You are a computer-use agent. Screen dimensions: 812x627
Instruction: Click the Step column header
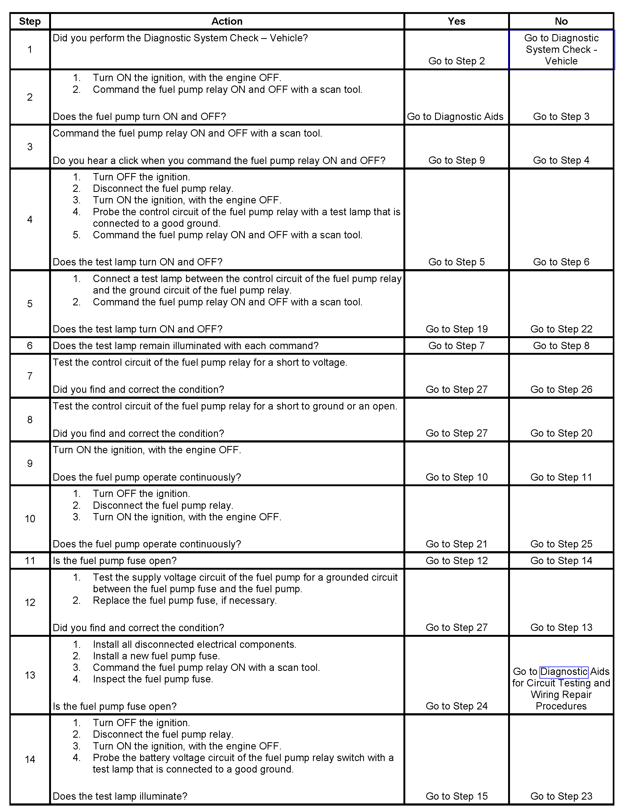click(30, 21)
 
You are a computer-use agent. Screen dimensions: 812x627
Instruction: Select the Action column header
click(227, 21)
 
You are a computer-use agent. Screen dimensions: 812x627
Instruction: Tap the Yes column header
click(456, 21)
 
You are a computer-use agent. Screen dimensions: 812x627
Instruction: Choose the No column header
click(561, 21)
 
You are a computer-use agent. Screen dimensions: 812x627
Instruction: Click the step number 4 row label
click(30, 219)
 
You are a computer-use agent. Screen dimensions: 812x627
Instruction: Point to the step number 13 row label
click(30, 675)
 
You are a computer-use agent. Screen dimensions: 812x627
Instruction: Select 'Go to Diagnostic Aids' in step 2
click(455, 117)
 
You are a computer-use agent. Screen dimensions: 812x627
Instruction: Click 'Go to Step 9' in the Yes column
click(456, 160)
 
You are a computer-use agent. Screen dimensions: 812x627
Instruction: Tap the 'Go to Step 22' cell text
click(561, 329)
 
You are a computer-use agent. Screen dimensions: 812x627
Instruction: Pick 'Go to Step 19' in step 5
click(456, 329)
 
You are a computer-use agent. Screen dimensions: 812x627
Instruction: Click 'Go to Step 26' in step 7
click(561, 389)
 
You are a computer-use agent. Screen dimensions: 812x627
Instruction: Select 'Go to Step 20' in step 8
click(561, 433)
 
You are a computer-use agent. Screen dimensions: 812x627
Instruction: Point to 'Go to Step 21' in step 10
click(456, 544)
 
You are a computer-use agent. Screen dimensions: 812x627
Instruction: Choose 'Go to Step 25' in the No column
click(561, 544)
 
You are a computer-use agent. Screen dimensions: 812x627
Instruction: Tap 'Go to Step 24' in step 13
click(456, 706)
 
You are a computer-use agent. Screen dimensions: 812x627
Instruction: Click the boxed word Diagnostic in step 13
click(564, 671)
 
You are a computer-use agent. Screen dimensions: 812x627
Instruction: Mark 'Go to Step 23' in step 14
click(561, 796)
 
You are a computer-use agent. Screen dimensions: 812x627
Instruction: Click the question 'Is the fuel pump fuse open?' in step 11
click(115, 561)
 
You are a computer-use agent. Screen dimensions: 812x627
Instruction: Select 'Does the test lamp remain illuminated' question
click(185, 346)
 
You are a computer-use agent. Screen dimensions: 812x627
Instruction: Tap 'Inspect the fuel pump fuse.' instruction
click(153, 679)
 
